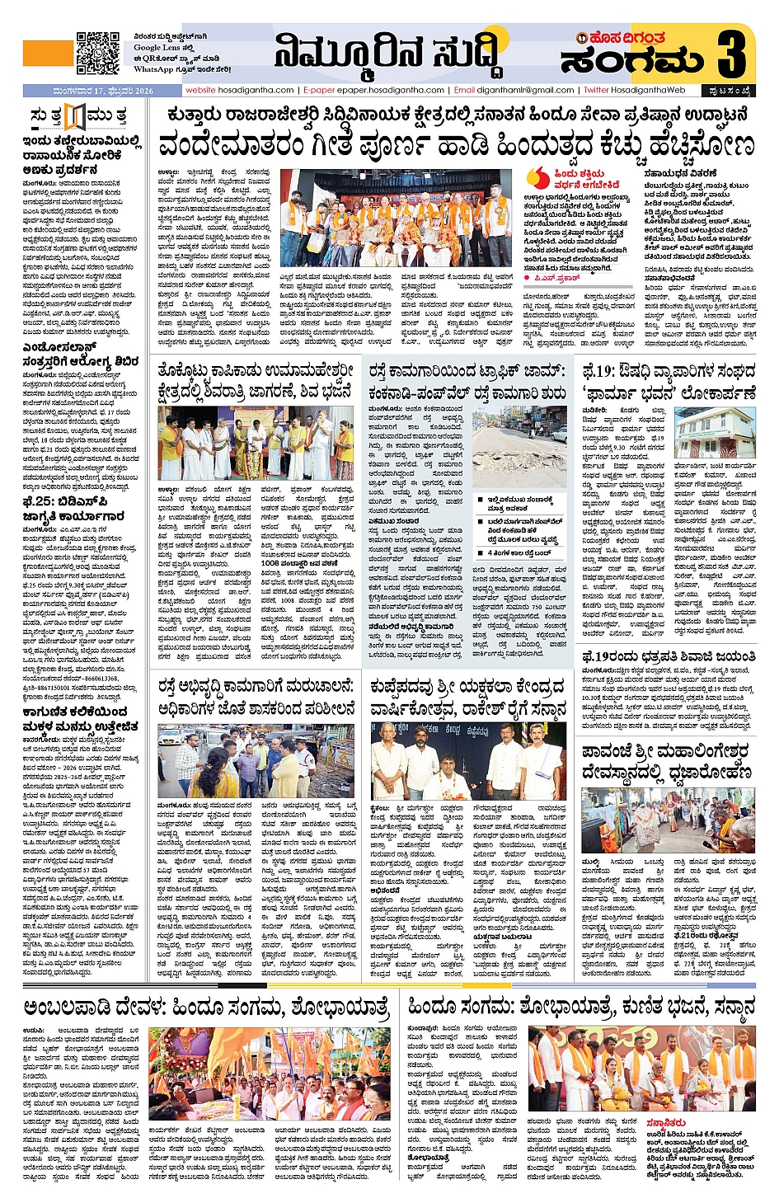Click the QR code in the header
[98, 54]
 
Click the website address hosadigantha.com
[240, 90]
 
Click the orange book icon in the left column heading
[75, 117]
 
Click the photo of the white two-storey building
[716, 435]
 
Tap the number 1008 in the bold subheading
[275, 586]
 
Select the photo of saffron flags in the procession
[270, 1073]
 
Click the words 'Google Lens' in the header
[157, 48]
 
